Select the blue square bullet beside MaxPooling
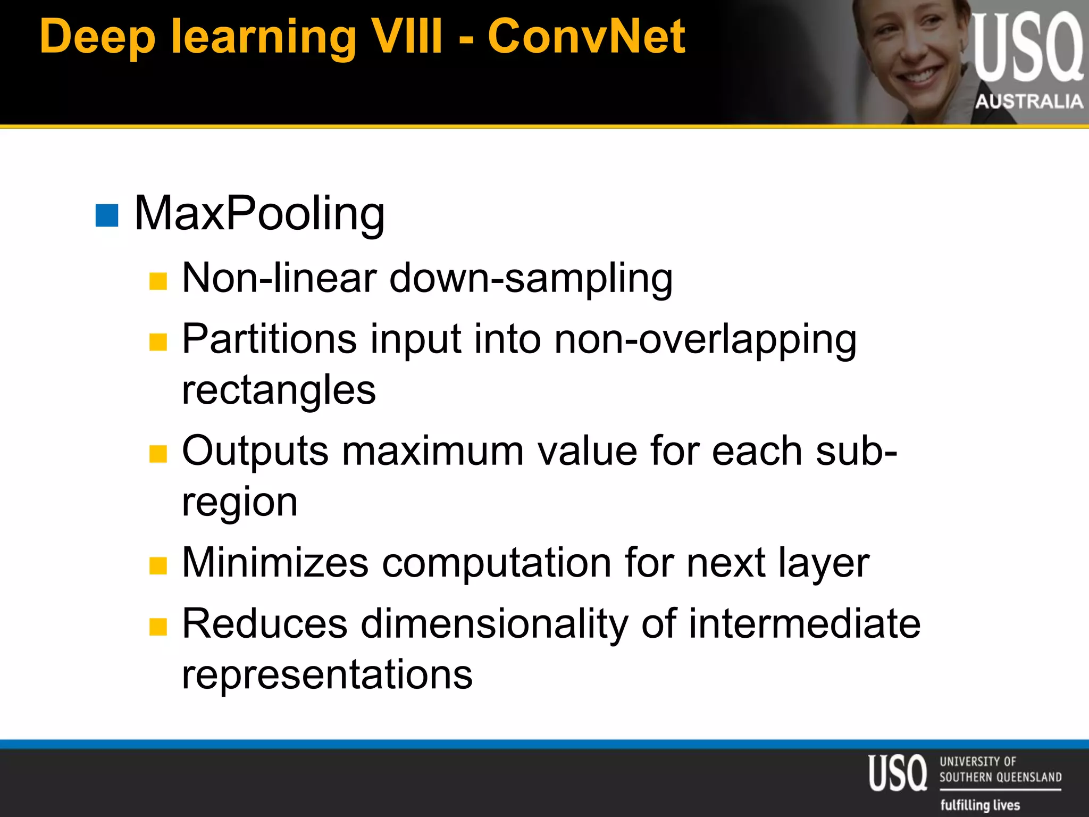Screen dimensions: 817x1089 (x=107, y=215)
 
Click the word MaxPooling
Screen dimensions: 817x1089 (x=259, y=214)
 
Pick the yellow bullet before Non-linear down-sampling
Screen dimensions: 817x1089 (x=158, y=281)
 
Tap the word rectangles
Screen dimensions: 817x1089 (x=279, y=390)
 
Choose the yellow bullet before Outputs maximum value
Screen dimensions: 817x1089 (x=158, y=454)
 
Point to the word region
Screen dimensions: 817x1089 (x=239, y=503)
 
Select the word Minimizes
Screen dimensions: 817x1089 (x=275, y=563)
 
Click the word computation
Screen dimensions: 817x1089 (x=497, y=563)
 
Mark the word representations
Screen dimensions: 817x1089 (x=327, y=674)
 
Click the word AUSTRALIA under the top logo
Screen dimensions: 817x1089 (x=1029, y=101)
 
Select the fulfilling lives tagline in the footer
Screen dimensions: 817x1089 (x=980, y=805)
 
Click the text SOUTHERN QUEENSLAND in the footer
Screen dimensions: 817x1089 (x=1000, y=777)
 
